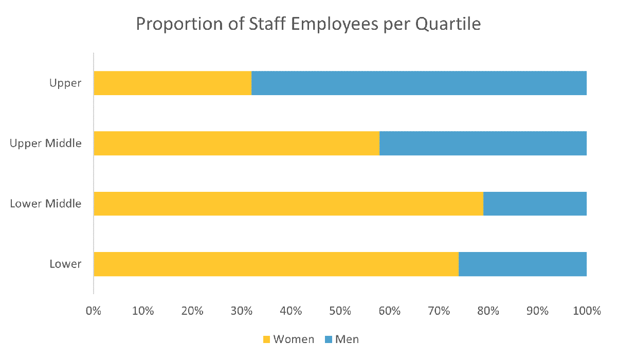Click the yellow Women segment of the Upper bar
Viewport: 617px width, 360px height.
[172, 83]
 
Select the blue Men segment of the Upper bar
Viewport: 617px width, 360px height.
[419, 83]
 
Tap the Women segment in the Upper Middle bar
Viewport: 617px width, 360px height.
[237, 143]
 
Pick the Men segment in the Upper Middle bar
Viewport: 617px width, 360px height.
[483, 143]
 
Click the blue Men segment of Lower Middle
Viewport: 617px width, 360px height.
[535, 204]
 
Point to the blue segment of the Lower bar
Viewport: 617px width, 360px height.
[522, 264]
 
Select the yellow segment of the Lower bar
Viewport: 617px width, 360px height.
[276, 264]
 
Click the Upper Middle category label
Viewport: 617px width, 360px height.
[46, 143]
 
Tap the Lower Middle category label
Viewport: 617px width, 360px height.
[46, 204]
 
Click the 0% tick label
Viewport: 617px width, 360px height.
[93, 311]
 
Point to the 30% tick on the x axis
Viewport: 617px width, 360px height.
[241, 311]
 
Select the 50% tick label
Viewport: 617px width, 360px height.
[340, 311]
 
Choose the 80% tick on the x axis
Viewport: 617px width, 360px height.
[488, 311]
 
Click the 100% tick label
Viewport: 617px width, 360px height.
[587, 311]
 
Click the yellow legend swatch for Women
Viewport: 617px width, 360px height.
[266, 339]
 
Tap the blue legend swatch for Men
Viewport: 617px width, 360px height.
[328, 339]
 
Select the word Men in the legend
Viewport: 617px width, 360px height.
[347, 339]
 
